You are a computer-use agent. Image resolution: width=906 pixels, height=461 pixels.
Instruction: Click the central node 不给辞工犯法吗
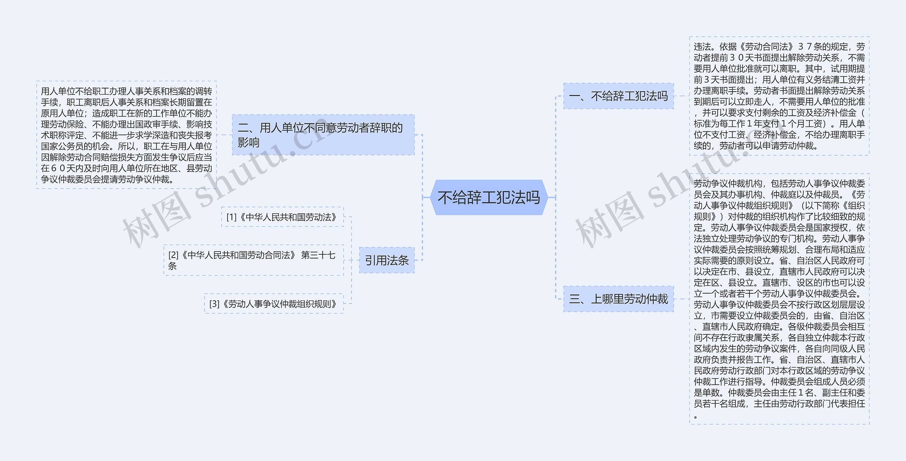[489, 197]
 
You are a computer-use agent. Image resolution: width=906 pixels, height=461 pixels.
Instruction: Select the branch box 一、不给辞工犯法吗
[618, 96]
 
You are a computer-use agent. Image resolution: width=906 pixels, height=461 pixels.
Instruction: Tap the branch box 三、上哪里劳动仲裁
[618, 299]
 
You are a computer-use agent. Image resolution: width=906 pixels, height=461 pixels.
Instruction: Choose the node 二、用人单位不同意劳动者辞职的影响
[323, 135]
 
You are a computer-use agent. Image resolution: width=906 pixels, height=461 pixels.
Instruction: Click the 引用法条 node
[386, 260]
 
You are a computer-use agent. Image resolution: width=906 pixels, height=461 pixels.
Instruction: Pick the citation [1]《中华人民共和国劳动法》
[282, 217]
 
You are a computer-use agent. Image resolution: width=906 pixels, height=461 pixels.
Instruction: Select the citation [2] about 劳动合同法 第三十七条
[253, 260]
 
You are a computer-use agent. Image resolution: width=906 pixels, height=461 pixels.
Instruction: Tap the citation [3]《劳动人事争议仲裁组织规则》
[274, 304]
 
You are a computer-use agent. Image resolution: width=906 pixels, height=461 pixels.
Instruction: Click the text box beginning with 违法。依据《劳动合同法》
[779, 96]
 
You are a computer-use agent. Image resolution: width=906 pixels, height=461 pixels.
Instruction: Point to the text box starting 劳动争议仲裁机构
[779, 299]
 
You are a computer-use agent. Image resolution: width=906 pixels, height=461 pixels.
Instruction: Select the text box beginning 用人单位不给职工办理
[126, 135]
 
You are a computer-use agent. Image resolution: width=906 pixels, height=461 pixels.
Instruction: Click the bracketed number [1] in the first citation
[231, 217]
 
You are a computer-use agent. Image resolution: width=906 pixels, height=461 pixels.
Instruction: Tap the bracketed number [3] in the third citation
[214, 304]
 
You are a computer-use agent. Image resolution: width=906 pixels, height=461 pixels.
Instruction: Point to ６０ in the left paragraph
[58, 168]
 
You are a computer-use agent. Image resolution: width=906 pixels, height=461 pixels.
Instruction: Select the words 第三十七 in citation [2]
[318, 255]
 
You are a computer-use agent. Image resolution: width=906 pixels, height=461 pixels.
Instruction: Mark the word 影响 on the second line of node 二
[248, 143]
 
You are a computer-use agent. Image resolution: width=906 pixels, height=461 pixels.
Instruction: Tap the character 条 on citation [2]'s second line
[172, 266]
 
